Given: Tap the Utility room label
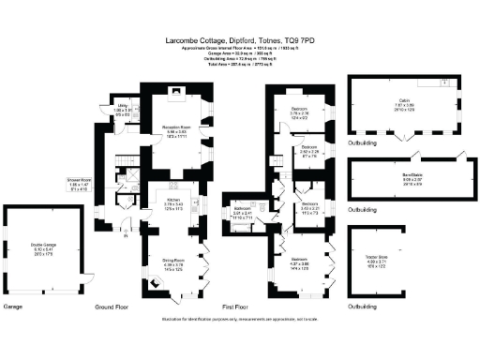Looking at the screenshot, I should (x=122, y=106).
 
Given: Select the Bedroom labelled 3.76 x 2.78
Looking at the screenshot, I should (x=288, y=110).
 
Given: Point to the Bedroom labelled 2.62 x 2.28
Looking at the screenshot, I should (x=310, y=147).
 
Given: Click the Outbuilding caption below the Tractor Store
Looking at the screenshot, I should (x=364, y=307).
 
